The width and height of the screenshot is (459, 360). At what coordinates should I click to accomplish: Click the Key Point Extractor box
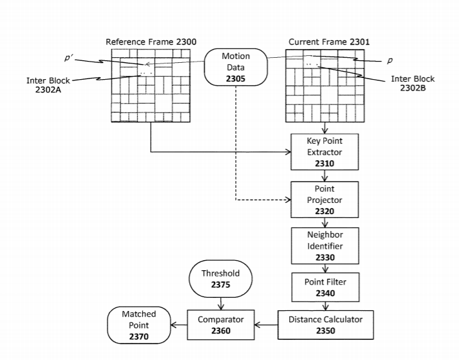[x=324, y=152]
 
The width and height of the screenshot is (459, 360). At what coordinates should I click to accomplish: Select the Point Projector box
[x=324, y=200]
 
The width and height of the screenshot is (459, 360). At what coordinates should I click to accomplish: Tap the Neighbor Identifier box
[x=324, y=246]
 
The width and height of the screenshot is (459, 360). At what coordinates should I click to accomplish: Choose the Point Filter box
[x=324, y=286]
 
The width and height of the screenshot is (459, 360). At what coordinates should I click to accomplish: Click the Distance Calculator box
[x=325, y=325]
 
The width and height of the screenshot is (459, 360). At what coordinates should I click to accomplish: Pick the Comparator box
[x=220, y=325]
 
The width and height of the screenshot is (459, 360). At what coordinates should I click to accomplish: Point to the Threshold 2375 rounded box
[x=220, y=279]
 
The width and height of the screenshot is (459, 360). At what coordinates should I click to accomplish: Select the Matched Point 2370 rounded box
[x=138, y=325]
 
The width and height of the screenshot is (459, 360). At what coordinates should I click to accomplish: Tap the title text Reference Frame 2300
[x=151, y=42]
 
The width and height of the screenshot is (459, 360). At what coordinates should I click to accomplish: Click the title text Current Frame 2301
[x=329, y=42]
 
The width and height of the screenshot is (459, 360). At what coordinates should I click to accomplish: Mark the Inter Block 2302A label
[x=48, y=85]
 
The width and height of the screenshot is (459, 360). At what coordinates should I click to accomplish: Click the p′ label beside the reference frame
[x=69, y=58]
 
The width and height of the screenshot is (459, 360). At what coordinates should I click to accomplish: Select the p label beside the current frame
[x=390, y=60]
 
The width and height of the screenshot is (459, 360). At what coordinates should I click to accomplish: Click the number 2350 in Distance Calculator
[x=325, y=330]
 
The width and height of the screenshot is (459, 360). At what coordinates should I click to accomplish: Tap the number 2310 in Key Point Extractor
[x=324, y=163]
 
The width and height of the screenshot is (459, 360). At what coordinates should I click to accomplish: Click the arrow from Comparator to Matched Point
[x=179, y=325]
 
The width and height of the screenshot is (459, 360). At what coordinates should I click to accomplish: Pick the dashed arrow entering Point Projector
[x=264, y=200]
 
